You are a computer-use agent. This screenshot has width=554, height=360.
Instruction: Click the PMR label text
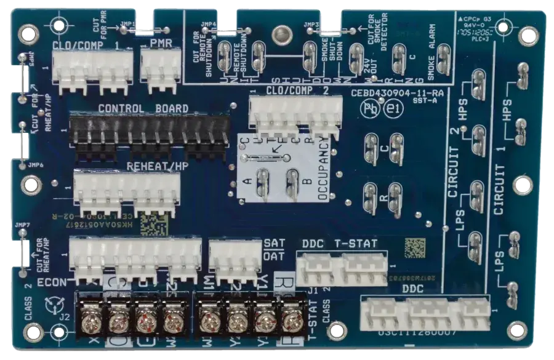pos(161,43)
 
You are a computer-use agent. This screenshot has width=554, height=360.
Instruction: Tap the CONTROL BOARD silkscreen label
pos(143,108)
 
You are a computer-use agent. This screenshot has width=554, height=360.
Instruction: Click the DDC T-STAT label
pos(339,244)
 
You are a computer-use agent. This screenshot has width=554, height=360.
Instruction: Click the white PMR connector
pos(161,65)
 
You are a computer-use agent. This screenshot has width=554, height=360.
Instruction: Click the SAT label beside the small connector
pos(273,243)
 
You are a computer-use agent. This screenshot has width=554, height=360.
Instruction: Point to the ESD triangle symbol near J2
pos(54,305)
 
